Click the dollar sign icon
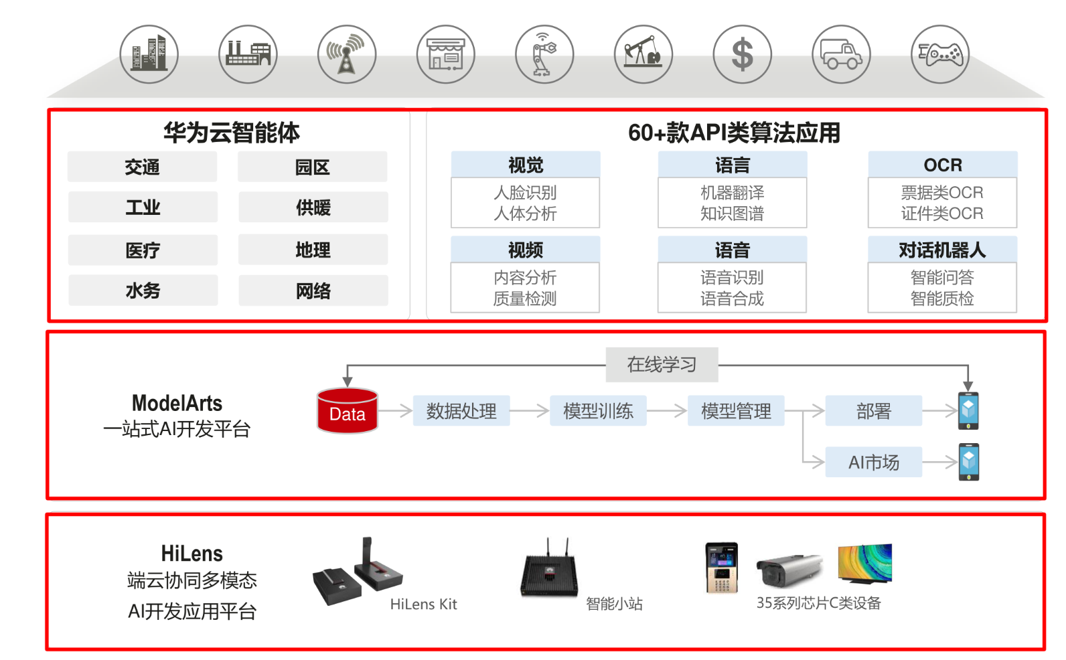click(x=742, y=54)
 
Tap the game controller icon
click(x=939, y=54)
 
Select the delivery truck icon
click(x=841, y=54)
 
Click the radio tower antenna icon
click(x=346, y=54)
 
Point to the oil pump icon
click(x=643, y=54)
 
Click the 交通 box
click(x=142, y=167)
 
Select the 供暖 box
click(x=313, y=208)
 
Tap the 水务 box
click(x=143, y=291)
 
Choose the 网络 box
click(x=313, y=291)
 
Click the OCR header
click(x=942, y=165)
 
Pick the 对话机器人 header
click(x=942, y=250)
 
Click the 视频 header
click(x=525, y=250)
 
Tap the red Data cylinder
click(x=347, y=411)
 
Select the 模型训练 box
click(x=598, y=411)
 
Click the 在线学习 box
click(x=662, y=365)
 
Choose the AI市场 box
click(x=873, y=463)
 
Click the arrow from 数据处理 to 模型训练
click(x=532, y=411)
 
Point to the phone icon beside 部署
click(x=968, y=411)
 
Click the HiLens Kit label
click(x=423, y=604)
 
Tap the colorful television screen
click(x=864, y=563)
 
